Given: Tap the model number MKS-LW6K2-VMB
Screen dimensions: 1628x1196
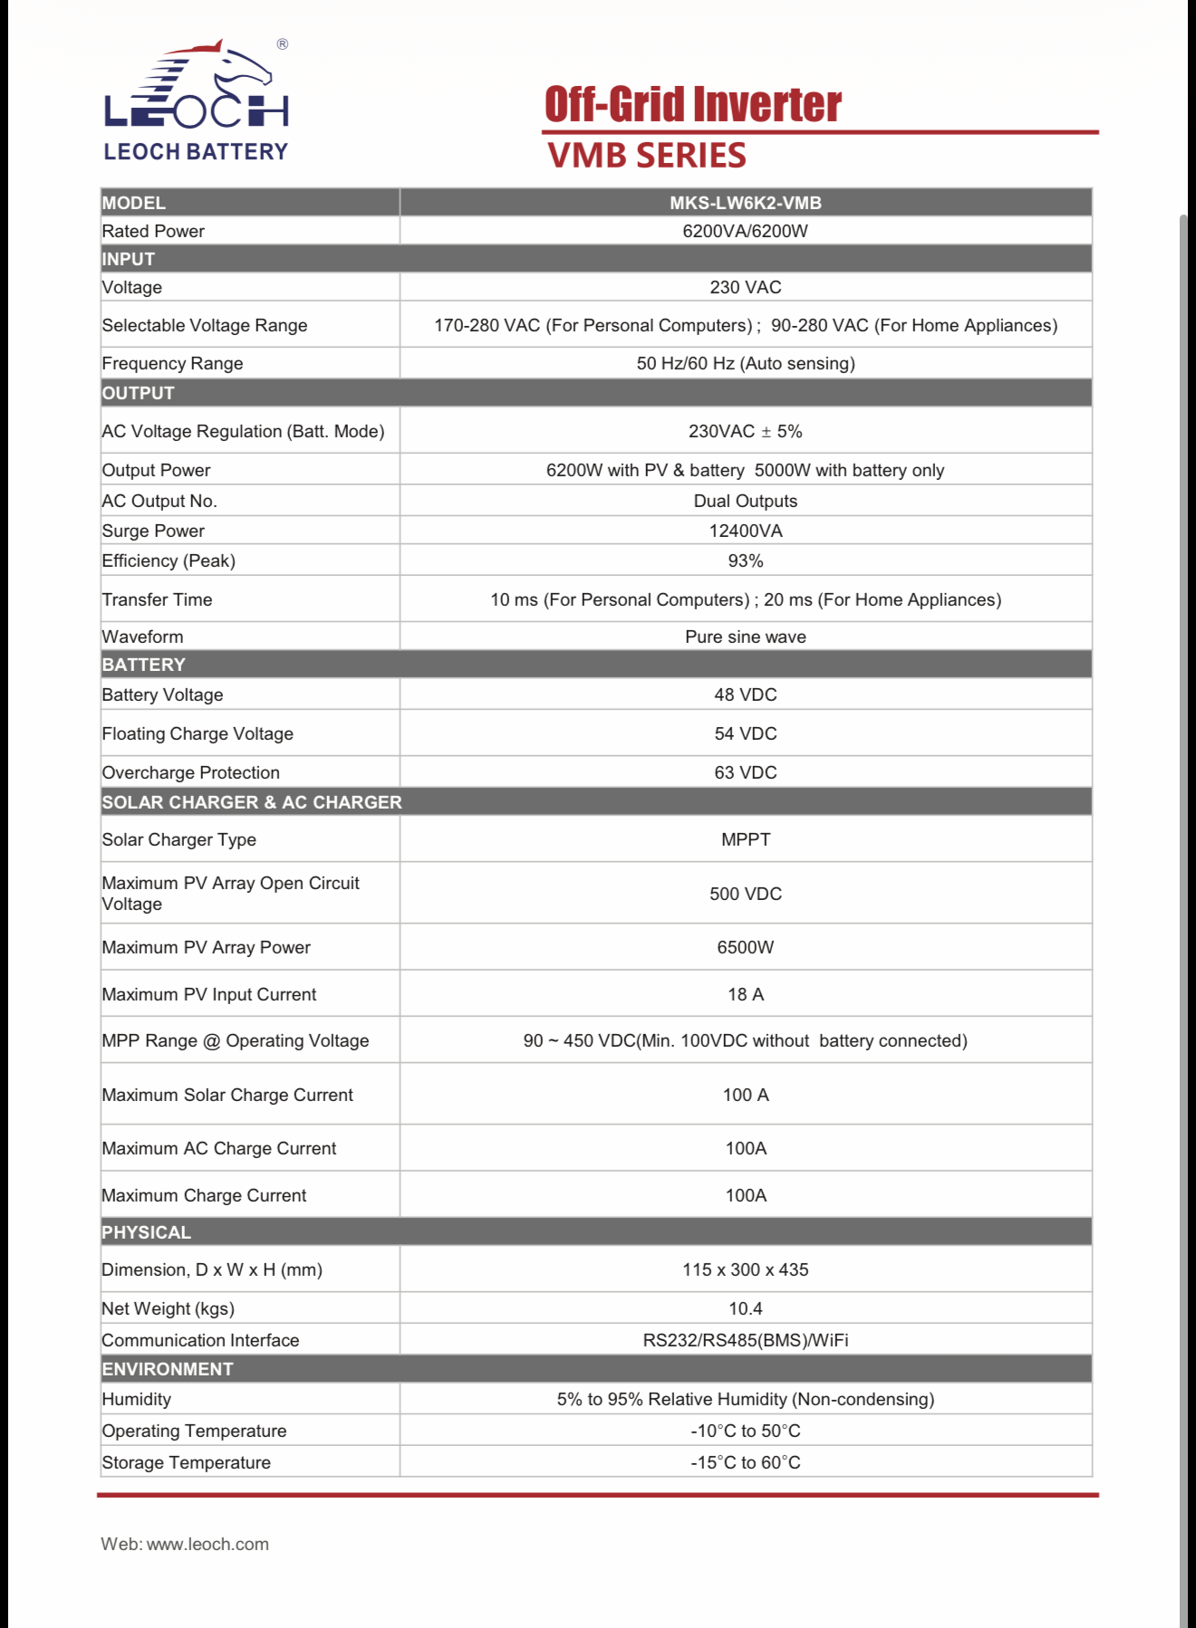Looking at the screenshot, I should click(745, 203).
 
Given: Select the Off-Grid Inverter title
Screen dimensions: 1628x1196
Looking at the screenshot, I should click(693, 104).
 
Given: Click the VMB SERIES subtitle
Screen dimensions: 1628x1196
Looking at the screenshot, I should click(647, 156).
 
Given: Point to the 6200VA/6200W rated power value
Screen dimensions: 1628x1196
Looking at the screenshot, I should click(745, 231).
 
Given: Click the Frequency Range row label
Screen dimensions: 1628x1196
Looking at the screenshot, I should click(172, 363).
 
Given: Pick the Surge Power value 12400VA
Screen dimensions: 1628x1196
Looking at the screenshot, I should click(745, 531).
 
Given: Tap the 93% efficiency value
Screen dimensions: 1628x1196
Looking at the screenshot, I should click(745, 560).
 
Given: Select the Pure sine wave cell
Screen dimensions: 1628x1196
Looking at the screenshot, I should click(745, 637).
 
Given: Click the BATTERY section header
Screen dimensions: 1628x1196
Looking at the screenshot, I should click(143, 665).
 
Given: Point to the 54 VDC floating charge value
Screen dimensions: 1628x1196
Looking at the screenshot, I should click(745, 733).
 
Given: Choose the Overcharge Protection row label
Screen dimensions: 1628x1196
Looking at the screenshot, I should click(190, 772).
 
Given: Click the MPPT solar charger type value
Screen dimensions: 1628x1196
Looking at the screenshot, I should click(745, 839).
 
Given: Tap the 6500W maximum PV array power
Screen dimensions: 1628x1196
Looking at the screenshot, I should click(745, 947).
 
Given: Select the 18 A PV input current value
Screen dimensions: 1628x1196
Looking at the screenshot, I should click(745, 994).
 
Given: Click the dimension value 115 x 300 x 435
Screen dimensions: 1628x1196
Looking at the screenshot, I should click(745, 1269).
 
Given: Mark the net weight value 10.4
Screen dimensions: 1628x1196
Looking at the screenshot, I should click(745, 1308).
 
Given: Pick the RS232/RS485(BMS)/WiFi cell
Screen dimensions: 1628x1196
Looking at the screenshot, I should click(745, 1340).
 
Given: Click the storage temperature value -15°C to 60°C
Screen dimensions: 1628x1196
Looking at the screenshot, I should click(745, 1462).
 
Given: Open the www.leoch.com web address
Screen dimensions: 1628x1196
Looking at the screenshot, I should click(207, 1544).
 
